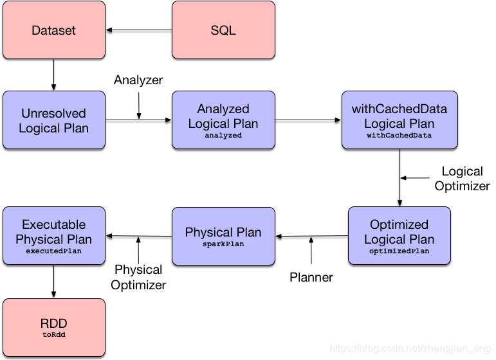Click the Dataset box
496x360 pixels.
(x=54, y=30)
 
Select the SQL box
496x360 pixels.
(x=223, y=30)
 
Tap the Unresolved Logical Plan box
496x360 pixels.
(x=54, y=120)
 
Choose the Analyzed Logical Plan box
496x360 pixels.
(x=223, y=120)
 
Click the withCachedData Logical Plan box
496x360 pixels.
(x=399, y=120)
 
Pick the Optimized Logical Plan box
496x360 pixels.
(x=399, y=235)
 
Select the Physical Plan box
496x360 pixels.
(x=223, y=235)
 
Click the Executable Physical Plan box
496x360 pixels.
(x=54, y=235)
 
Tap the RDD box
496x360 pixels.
(x=54, y=327)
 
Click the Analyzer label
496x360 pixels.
(x=138, y=80)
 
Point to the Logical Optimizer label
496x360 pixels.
(x=462, y=179)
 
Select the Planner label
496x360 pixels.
(x=311, y=277)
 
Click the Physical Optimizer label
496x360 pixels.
(x=138, y=277)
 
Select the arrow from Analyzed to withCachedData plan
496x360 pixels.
(x=308, y=120)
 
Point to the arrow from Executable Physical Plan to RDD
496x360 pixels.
(x=54, y=281)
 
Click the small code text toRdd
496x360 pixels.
(x=54, y=335)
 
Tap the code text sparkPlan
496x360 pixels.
(x=223, y=244)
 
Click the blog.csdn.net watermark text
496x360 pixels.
(x=409, y=348)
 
